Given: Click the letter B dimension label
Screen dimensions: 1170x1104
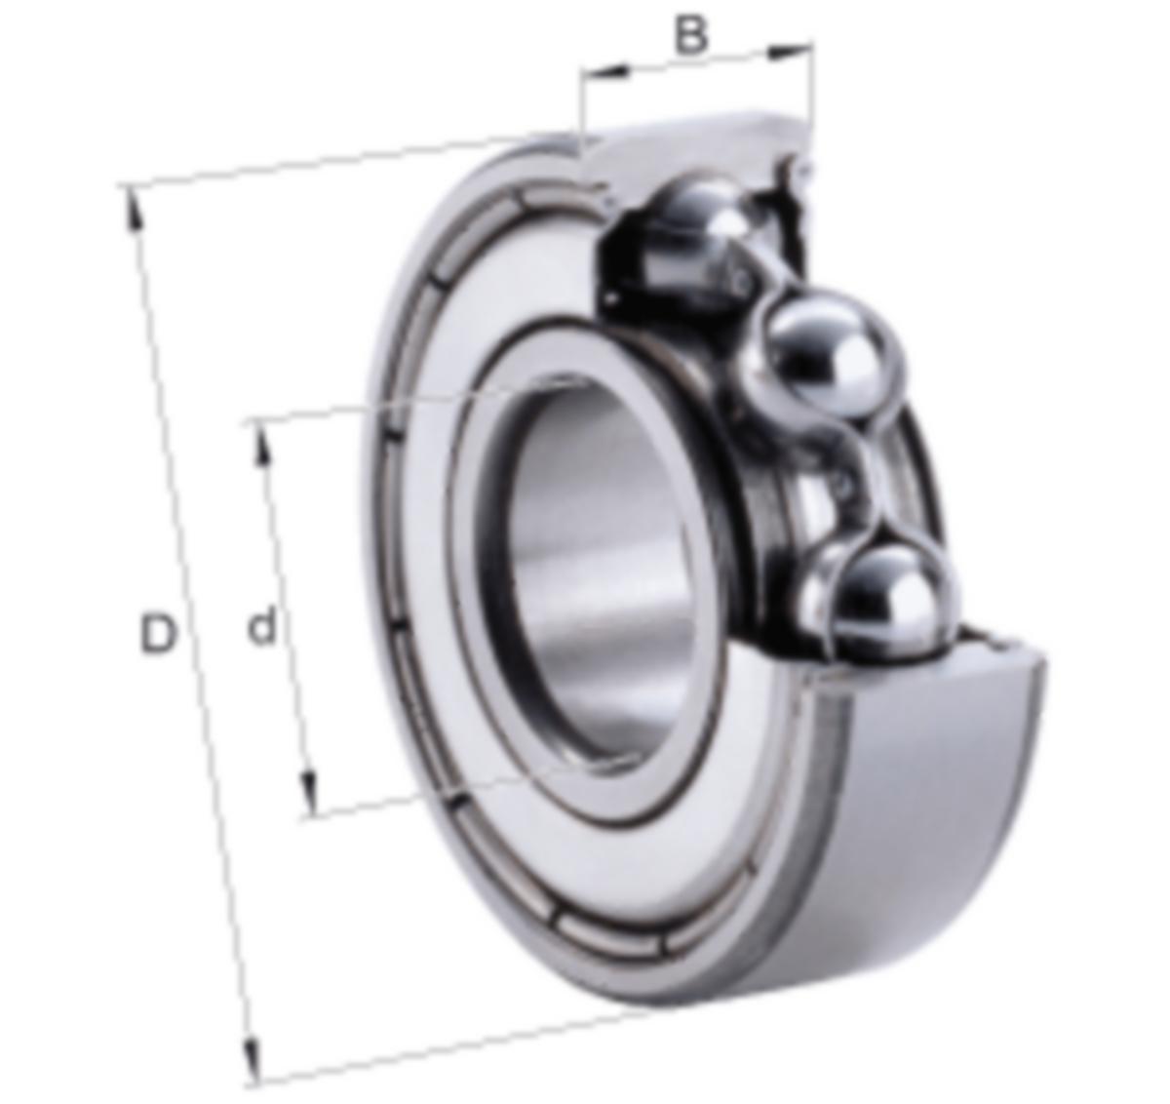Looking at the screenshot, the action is pos(690,34).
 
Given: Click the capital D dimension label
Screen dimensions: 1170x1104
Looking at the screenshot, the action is pos(158,634).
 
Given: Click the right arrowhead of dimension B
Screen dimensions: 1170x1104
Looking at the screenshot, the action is pos(791,52).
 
